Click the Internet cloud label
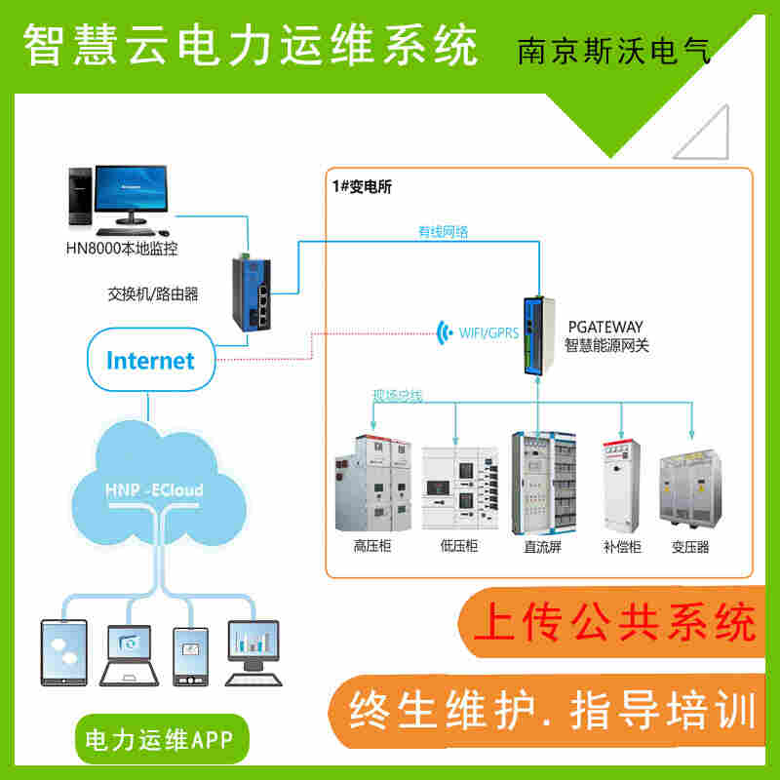click(150, 360)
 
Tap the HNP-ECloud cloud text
click(154, 490)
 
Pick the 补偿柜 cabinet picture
click(622, 487)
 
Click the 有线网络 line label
click(444, 231)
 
